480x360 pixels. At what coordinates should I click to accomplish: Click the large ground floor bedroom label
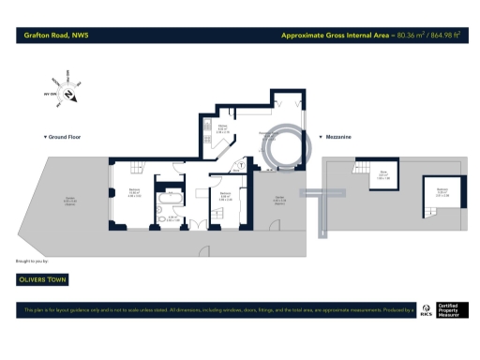point(135,192)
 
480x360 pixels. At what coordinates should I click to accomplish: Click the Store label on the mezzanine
point(383,174)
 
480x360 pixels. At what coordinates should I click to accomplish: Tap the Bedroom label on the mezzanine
point(441,192)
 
